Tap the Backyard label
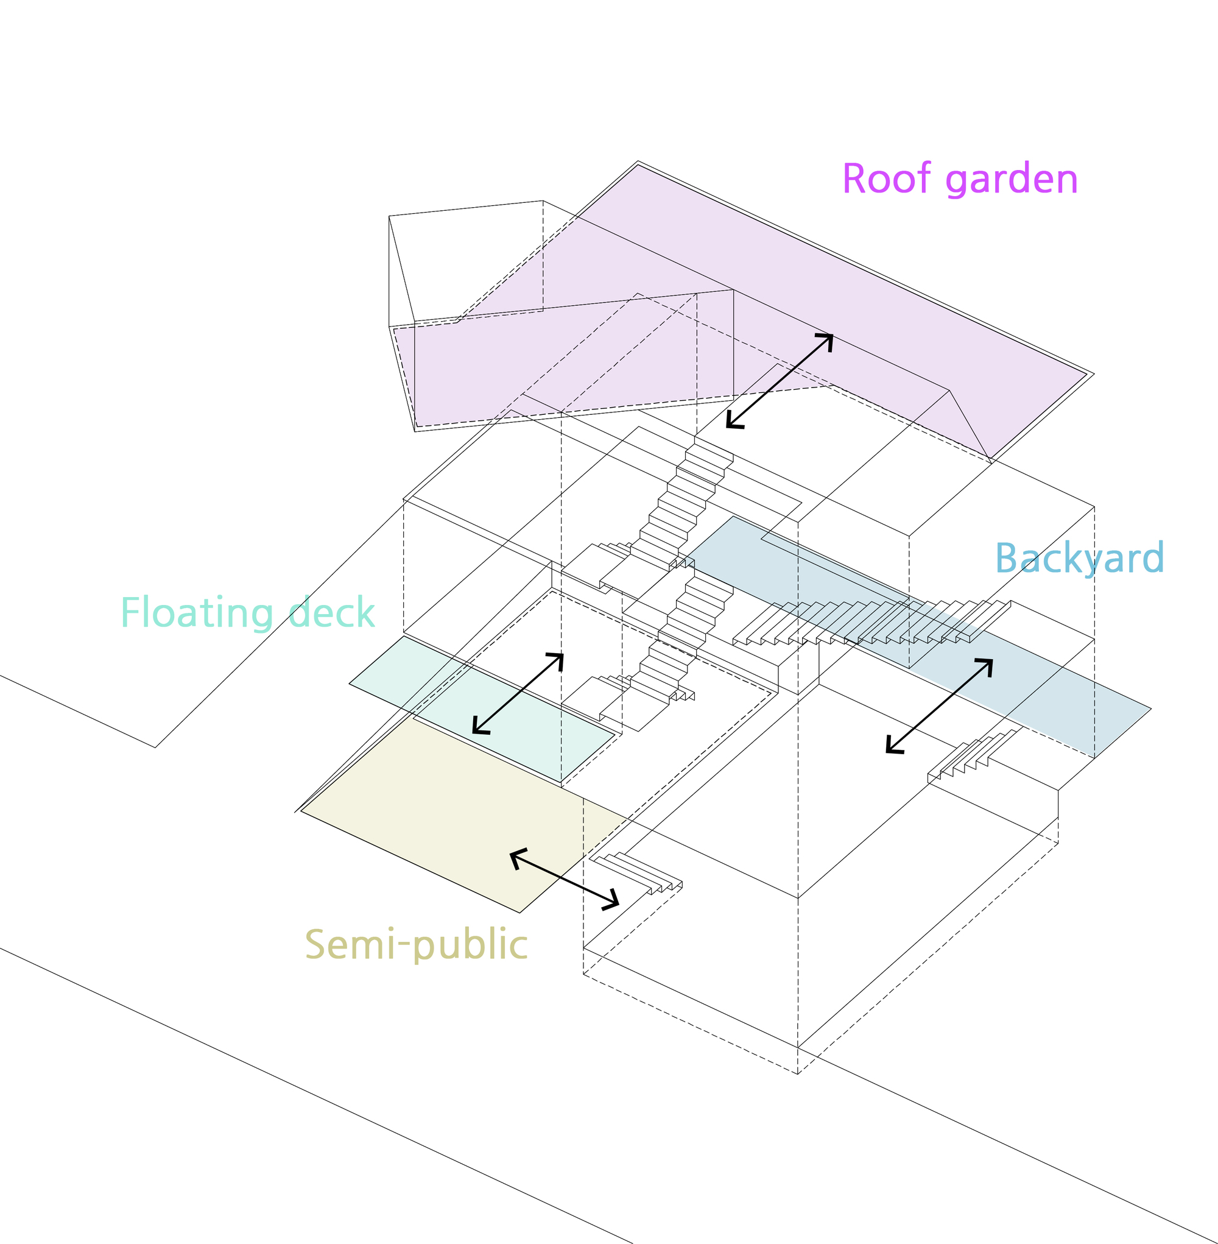(x=1079, y=558)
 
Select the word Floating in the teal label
(x=195, y=613)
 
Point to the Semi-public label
(x=416, y=945)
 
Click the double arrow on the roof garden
(x=779, y=381)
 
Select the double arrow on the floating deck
(x=518, y=693)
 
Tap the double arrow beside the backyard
(x=939, y=706)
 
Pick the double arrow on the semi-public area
(x=564, y=878)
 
